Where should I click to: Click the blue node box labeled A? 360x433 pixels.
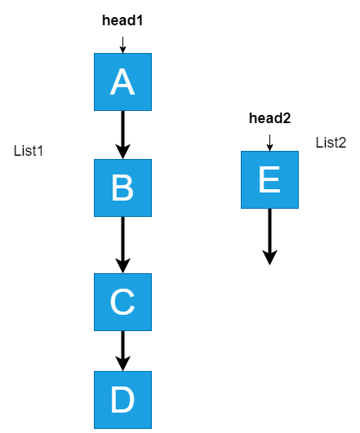point(122,82)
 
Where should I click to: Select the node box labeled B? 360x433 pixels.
point(122,188)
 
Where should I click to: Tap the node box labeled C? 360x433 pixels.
point(122,302)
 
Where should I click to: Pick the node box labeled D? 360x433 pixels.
point(122,400)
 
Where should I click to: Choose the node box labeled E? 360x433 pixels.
point(269,179)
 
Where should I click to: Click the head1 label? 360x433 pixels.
point(122,20)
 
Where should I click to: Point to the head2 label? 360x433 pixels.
point(270,118)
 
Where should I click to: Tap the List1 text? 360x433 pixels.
point(29,151)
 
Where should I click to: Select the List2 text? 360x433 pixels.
point(331,143)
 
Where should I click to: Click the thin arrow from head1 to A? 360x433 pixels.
point(122,45)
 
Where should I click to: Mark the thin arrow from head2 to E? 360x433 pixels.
point(269,143)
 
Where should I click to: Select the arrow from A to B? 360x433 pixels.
point(122,135)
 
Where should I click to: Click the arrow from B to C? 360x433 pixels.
point(122,245)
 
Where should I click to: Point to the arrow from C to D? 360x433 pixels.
point(122,351)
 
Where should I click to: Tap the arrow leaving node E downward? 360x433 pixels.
point(269,237)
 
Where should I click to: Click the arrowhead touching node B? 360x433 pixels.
point(122,152)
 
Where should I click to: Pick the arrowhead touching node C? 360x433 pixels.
point(122,266)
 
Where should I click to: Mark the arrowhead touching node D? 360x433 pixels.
point(122,364)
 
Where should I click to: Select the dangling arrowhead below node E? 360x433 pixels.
point(269,258)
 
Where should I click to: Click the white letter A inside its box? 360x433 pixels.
point(122,82)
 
